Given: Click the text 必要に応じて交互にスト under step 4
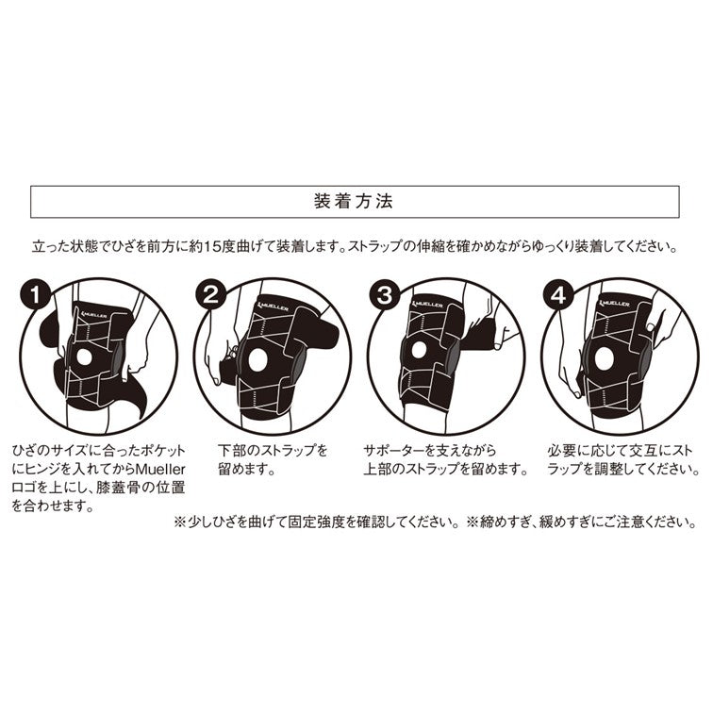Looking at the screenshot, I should point(616,450).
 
